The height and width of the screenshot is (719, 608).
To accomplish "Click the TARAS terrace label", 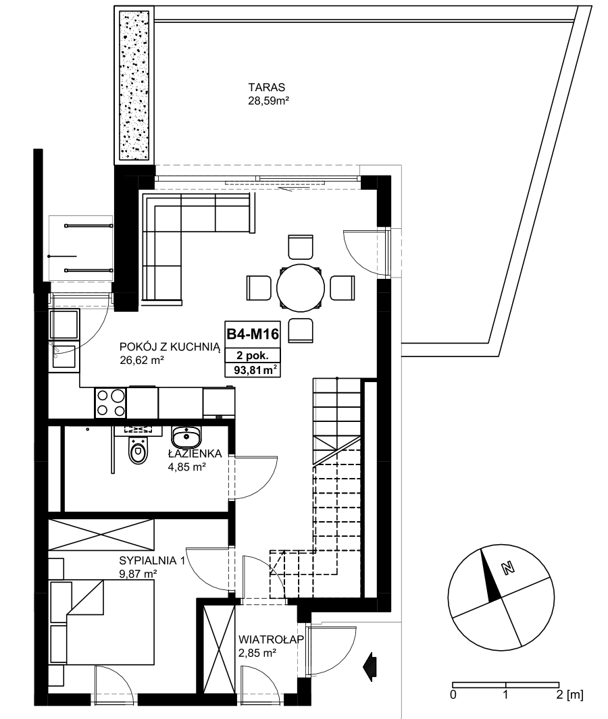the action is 267,87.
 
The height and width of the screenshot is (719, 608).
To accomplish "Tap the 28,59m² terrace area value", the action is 268,101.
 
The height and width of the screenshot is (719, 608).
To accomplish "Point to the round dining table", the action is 301,288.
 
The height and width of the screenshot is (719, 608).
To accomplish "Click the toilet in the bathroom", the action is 138,450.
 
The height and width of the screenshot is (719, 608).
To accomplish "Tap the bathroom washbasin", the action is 186,437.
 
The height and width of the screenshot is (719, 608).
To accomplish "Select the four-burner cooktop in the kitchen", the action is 111,403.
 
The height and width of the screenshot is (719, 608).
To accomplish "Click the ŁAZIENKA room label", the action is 195,454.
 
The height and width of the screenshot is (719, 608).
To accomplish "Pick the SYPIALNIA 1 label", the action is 152,560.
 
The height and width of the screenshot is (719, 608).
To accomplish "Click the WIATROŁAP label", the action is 271,639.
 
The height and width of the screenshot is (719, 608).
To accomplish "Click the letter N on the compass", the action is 508,568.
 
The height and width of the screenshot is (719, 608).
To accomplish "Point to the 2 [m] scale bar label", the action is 569,694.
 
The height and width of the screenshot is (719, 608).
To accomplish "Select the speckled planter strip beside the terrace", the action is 134,86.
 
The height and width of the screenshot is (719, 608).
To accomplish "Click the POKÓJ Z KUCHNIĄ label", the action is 170,346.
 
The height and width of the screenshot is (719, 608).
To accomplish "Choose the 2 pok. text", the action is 253,355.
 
